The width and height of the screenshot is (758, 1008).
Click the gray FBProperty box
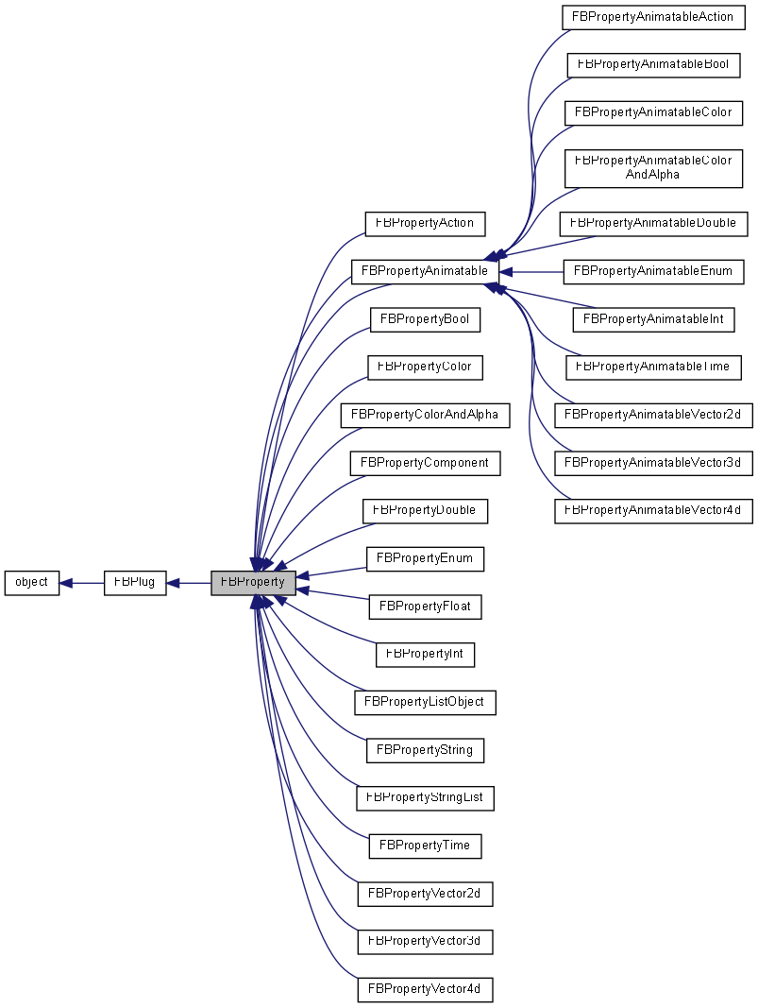(253, 583)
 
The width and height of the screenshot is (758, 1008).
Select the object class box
(31, 583)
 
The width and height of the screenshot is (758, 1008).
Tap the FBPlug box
(134, 583)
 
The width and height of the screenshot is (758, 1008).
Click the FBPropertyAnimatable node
(424, 271)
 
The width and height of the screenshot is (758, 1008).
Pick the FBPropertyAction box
(425, 224)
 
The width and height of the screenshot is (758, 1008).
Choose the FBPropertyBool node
(425, 319)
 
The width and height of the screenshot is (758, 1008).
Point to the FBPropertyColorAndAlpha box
(425, 415)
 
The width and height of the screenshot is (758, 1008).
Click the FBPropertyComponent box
(425, 463)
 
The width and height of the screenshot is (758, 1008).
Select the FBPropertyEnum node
(425, 558)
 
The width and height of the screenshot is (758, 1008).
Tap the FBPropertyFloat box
(425, 607)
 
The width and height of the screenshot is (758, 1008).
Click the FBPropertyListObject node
(425, 702)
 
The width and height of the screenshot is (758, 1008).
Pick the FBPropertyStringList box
(425, 797)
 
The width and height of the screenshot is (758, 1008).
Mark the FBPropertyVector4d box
(425, 989)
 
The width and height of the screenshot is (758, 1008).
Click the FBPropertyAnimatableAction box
(653, 17)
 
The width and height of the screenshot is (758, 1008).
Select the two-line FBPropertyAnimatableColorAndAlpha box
(653, 167)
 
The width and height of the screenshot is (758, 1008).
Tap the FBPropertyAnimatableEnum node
(653, 271)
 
